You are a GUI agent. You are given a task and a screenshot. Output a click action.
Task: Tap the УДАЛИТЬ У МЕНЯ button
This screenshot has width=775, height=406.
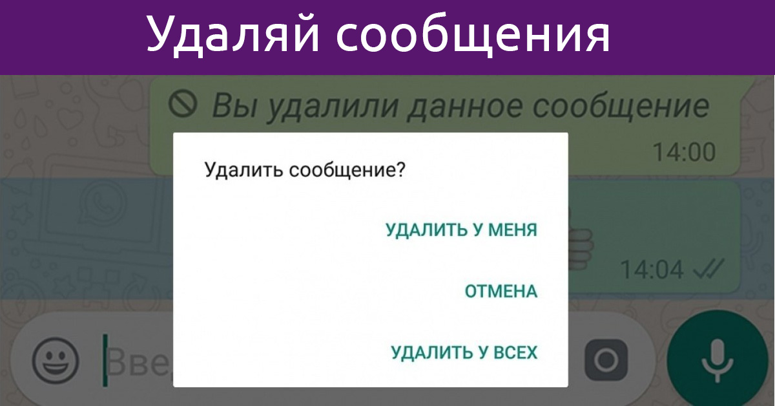[x=462, y=230]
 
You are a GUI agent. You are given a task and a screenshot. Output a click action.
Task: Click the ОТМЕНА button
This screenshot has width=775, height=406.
[x=501, y=292]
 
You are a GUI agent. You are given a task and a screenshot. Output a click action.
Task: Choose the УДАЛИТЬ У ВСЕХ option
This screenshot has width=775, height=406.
[x=464, y=352]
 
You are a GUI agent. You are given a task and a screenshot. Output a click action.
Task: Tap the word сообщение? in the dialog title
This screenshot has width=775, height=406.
[x=347, y=171]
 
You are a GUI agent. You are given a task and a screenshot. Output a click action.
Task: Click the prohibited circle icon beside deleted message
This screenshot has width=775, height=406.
[x=183, y=103]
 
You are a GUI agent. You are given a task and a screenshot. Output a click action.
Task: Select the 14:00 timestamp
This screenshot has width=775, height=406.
[x=684, y=153]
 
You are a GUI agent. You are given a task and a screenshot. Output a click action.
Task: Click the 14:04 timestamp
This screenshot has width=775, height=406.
[x=652, y=270]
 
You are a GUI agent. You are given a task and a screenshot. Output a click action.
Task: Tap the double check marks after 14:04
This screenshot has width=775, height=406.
[x=709, y=269]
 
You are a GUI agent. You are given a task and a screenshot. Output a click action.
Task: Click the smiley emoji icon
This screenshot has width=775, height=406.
[x=56, y=361]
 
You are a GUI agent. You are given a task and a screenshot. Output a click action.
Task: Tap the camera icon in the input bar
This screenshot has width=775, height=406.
[x=606, y=360]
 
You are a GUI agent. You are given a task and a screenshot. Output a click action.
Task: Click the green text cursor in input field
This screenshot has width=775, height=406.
[x=105, y=360]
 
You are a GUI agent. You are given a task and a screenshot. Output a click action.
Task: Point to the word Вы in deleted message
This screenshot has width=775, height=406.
[x=234, y=105]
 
